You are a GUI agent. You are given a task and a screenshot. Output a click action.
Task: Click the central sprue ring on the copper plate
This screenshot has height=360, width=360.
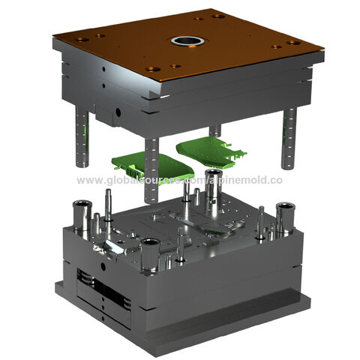tap(182, 40)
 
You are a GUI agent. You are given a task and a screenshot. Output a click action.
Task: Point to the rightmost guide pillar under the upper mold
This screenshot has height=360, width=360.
tap(288, 138)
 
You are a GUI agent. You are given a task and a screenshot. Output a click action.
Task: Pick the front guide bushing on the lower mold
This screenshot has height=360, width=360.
tap(150, 256)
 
